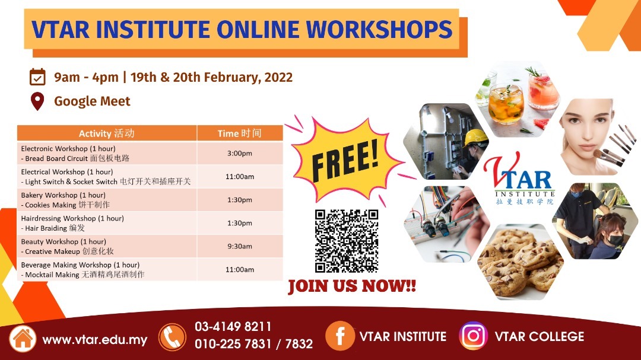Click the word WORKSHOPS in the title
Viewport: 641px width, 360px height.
click(379, 30)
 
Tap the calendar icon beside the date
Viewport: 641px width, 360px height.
click(37, 77)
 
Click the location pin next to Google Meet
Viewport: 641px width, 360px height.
click(37, 101)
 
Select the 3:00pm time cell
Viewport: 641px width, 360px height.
click(240, 153)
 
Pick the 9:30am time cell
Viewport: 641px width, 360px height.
click(240, 246)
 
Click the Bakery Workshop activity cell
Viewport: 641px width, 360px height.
click(107, 200)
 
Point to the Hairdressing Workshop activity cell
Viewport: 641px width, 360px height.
click(107, 223)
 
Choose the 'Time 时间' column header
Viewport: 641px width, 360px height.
click(240, 133)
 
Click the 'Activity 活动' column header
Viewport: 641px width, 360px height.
click(107, 133)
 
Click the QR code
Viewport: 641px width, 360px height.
click(347, 241)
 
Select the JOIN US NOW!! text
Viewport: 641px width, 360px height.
click(352, 286)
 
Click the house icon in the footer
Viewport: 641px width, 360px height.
click(23, 338)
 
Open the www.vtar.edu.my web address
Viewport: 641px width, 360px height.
click(95, 340)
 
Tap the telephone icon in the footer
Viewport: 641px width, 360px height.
click(172, 337)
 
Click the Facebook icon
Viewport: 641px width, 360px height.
click(339, 336)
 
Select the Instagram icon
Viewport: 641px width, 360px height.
click(474, 336)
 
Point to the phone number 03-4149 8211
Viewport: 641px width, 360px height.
click(233, 327)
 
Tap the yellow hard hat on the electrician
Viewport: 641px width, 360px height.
click(475, 138)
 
